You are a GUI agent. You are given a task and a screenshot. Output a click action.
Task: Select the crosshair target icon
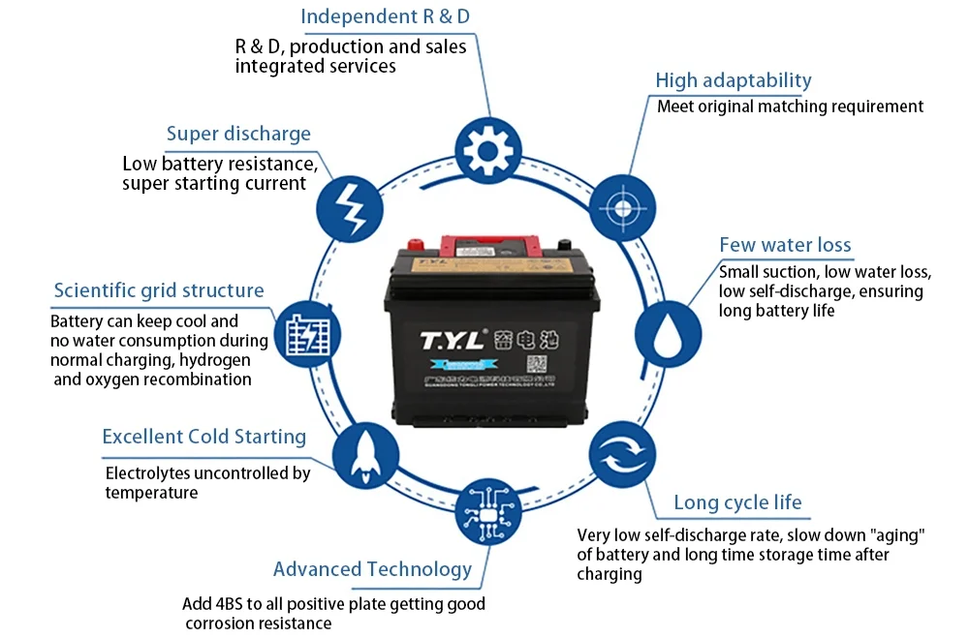tap(622, 207)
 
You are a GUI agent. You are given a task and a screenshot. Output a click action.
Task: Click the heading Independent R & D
tap(386, 16)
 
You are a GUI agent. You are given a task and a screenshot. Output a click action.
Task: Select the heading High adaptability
tap(734, 80)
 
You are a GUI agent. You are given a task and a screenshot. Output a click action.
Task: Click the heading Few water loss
tap(785, 245)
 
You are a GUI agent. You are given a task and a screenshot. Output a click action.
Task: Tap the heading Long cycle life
tap(737, 501)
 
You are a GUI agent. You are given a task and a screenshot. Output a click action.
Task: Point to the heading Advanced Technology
tap(372, 568)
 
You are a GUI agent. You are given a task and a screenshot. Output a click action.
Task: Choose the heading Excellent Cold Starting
tap(203, 437)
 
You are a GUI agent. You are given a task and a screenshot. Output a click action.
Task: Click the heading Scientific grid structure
tap(159, 290)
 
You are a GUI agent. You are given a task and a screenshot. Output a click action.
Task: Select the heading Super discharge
tap(238, 134)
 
